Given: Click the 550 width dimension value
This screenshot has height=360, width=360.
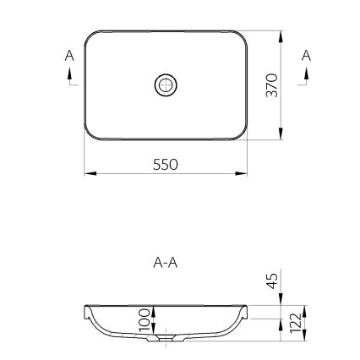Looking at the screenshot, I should point(166,164).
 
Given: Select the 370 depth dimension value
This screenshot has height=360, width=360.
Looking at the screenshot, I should point(271,85).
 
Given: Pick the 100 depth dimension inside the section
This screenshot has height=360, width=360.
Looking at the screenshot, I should point(145,320).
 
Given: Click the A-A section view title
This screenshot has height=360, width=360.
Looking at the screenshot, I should point(166,262).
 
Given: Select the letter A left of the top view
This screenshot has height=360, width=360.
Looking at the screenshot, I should point(69,54).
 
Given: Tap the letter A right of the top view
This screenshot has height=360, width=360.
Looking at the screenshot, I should point(307,54).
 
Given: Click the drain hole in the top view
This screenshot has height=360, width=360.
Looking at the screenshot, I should point(166,85).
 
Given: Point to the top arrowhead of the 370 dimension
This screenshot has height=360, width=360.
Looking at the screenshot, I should point(281,35).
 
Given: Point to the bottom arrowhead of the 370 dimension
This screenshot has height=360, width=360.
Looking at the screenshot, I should point(281,135).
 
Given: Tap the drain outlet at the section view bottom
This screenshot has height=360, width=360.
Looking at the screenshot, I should point(166,342).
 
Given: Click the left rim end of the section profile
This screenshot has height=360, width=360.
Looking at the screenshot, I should point(87,310).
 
